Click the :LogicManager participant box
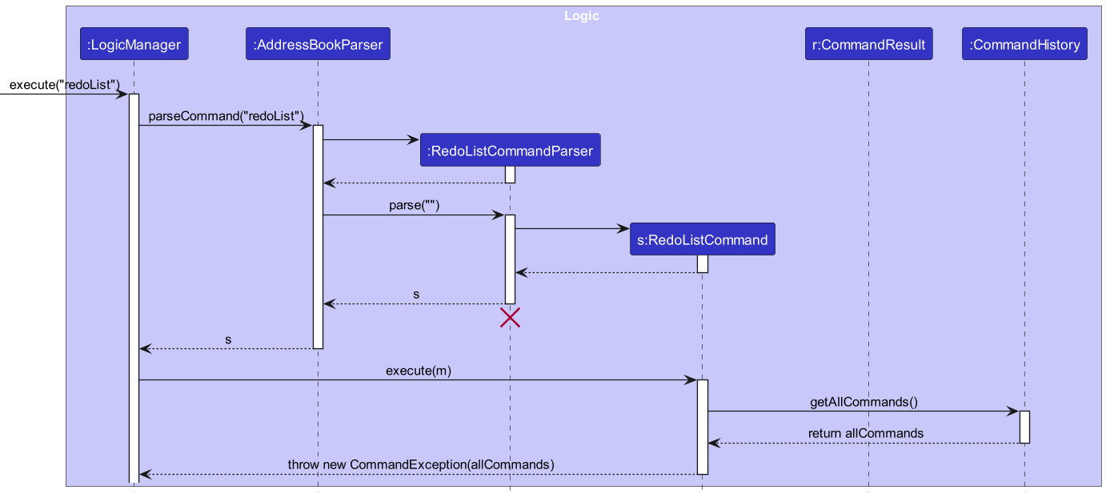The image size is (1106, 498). [134, 45]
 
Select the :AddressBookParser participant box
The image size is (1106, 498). [318, 45]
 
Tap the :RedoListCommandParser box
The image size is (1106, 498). [510, 151]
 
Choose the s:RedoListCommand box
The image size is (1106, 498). [702, 239]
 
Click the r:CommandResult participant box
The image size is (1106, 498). [868, 45]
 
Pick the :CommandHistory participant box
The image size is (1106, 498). [1024, 45]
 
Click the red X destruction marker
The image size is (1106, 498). [510, 319]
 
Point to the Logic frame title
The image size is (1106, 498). [581, 16]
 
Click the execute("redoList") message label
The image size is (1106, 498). [65, 85]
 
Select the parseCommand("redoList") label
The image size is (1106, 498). [226, 116]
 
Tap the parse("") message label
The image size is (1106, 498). [415, 206]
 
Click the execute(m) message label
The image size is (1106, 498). [419, 371]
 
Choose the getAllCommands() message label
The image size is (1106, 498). [864, 402]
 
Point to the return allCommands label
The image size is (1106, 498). [865, 433]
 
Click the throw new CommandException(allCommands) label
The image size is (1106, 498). [421, 464]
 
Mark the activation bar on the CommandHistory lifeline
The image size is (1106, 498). [1024, 427]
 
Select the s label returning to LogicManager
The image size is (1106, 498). [228, 339]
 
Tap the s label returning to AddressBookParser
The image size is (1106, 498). [415, 295]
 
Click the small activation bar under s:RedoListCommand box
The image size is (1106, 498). [702, 263]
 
